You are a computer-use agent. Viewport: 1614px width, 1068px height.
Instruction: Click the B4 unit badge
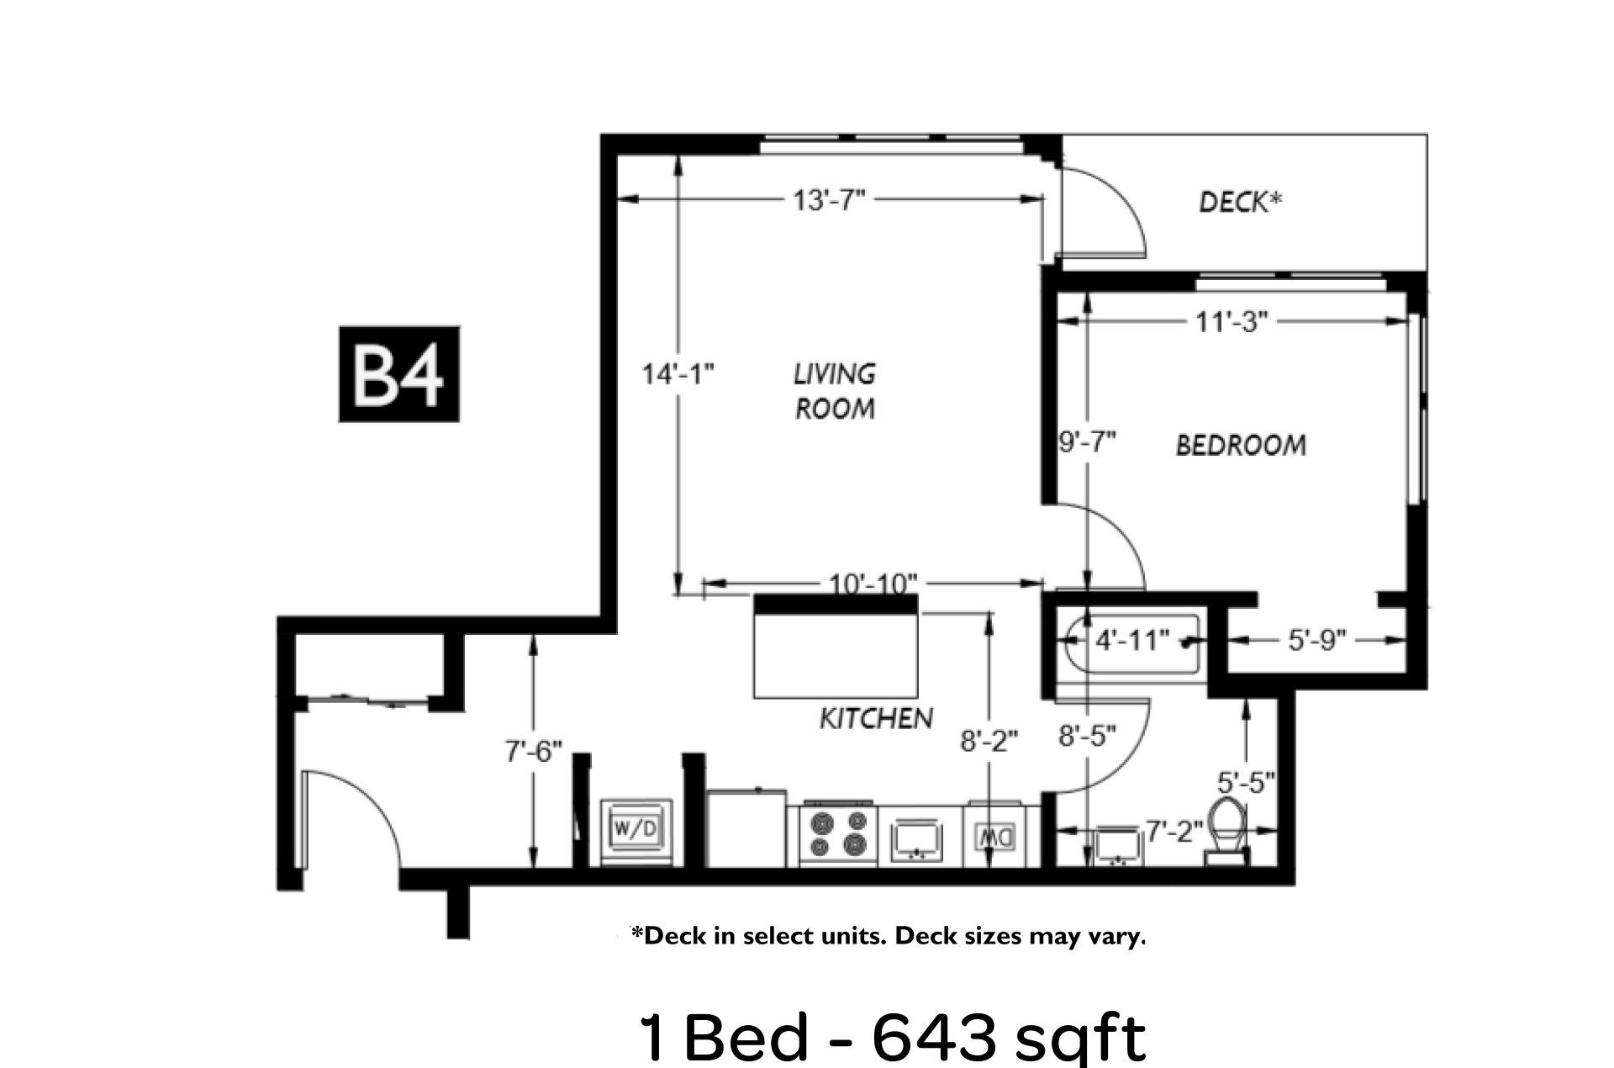(x=399, y=373)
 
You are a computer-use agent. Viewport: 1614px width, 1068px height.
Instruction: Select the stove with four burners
(x=836, y=833)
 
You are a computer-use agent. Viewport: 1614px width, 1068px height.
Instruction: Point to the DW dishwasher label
(x=996, y=837)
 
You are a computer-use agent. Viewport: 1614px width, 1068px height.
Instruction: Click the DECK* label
(x=1240, y=202)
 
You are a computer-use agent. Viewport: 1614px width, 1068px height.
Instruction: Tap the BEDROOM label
(x=1241, y=445)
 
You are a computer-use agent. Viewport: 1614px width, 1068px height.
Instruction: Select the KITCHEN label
(x=876, y=718)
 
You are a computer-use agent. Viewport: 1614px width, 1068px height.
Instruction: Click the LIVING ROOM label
(x=835, y=391)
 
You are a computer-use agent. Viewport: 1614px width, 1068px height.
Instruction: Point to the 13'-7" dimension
(x=829, y=200)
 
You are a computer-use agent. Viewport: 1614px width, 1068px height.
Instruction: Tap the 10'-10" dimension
(x=873, y=583)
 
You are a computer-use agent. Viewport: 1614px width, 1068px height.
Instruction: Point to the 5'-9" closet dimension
(x=1317, y=641)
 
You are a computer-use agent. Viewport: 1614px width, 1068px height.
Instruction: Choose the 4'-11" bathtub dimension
(x=1132, y=641)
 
